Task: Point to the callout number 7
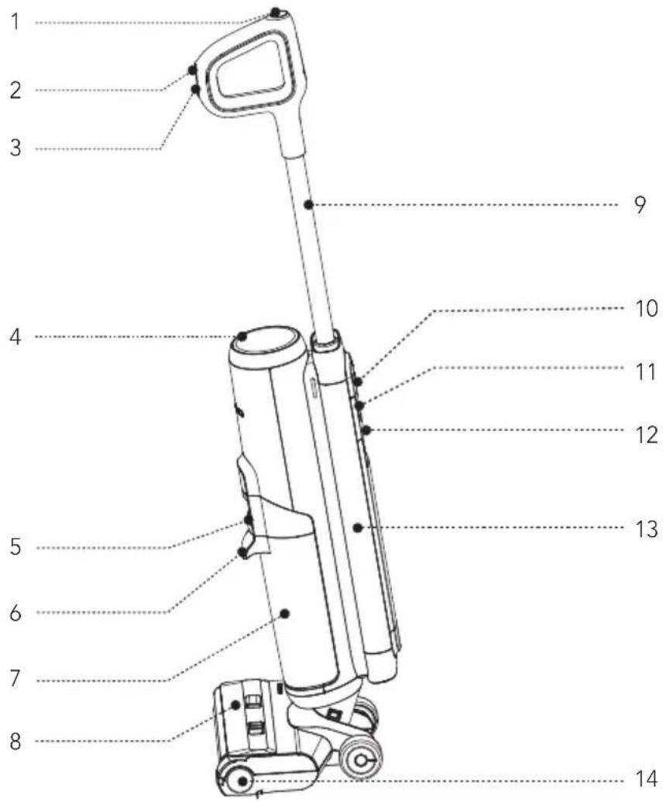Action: pyautogui.click(x=15, y=680)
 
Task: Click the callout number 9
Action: pyautogui.click(x=640, y=207)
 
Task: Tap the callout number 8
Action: pyautogui.click(x=14, y=741)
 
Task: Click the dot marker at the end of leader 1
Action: pyautogui.click(x=277, y=12)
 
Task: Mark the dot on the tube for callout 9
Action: pyautogui.click(x=308, y=205)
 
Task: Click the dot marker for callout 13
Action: pyautogui.click(x=357, y=528)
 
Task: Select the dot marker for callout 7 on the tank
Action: pyautogui.click(x=285, y=614)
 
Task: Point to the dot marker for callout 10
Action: pyautogui.click(x=358, y=380)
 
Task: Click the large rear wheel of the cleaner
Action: pyautogui.click(x=360, y=762)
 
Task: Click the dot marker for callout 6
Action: pyautogui.click(x=242, y=552)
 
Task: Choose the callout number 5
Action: pyautogui.click(x=15, y=548)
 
